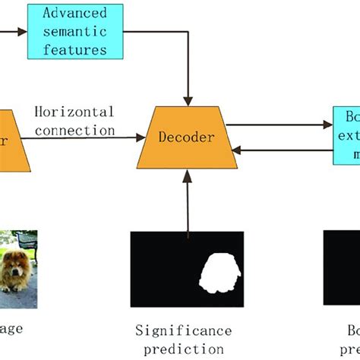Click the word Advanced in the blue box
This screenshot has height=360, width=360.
(74, 13)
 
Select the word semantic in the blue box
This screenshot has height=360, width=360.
(75, 31)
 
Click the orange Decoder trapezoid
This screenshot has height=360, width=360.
(186, 137)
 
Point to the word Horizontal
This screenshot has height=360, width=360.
(74, 112)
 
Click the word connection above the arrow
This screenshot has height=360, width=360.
(74, 130)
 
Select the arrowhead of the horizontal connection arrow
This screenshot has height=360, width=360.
(141, 137)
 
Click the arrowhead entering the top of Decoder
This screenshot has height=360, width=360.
(187, 99)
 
